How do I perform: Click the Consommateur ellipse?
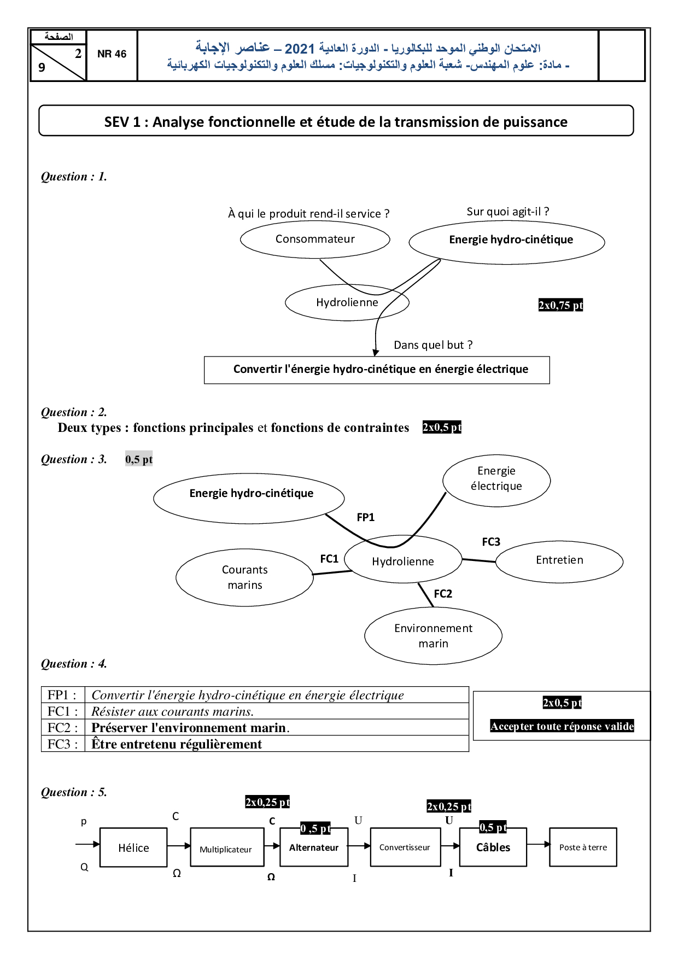point(315,239)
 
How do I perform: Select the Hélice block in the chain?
point(133,847)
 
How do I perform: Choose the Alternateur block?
point(314,847)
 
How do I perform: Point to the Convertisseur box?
point(405,847)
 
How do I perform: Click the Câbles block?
point(493,847)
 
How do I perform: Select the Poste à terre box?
point(583,847)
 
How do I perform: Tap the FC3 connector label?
point(490,542)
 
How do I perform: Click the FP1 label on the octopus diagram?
point(365,517)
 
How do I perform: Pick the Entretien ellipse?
point(559,560)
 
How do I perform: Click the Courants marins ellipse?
point(244,577)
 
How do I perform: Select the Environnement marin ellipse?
point(433,635)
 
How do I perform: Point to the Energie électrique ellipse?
point(496,479)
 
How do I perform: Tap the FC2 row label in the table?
point(62,728)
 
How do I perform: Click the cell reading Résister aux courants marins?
point(172,711)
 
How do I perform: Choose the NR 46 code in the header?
point(112,54)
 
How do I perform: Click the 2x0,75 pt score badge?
point(560,305)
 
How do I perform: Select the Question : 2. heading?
point(74,412)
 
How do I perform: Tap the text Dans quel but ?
point(433,345)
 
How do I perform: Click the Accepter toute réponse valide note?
point(562,726)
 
